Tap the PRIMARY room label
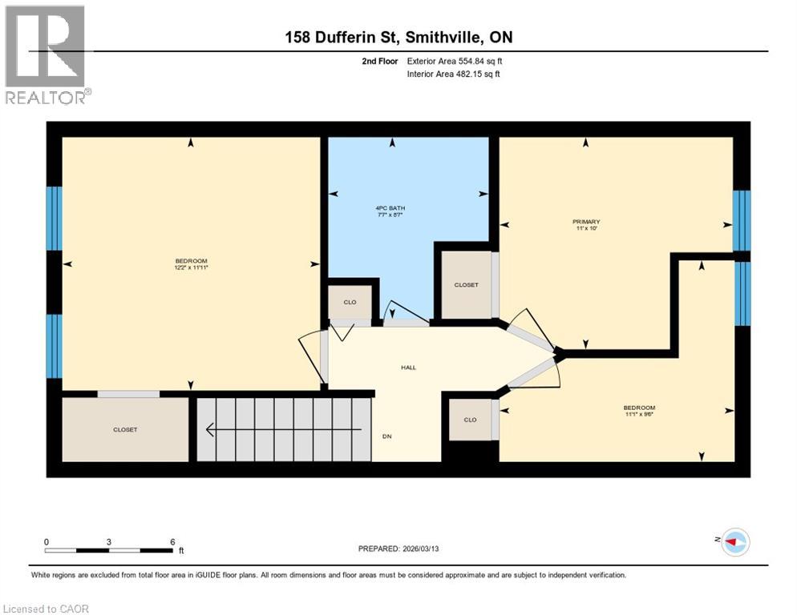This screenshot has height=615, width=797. [x=586, y=222]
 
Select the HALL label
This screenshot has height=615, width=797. [x=408, y=368]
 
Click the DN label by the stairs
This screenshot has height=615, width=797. [x=386, y=436]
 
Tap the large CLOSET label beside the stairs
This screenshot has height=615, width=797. [x=125, y=430]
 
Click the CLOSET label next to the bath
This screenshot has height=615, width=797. [x=466, y=285]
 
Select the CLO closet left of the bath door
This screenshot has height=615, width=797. [x=350, y=303]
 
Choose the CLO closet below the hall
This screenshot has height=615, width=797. [x=470, y=420]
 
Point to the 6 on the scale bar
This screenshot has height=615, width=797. [x=172, y=541]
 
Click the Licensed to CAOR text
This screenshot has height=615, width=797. [x=47, y=609]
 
